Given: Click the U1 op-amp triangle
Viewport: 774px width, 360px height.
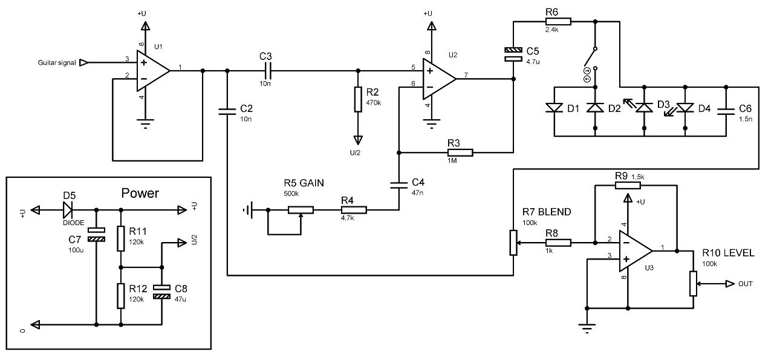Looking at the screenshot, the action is [x=151, y=71].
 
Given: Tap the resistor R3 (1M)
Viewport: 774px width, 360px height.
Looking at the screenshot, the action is [x=460, y=152].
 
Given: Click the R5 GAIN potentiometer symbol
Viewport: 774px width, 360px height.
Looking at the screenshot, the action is [x=301, y=210].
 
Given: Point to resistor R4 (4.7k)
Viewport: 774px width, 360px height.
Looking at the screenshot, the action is [x=354, y=210].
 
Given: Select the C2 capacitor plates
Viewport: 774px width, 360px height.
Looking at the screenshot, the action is [x=227, y=111].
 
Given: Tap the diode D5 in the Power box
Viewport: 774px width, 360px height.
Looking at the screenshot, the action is [x=68, y=210].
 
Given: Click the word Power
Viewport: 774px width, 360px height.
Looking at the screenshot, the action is [x=140, y=193].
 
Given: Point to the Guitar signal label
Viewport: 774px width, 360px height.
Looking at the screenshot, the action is [x=57, y=62].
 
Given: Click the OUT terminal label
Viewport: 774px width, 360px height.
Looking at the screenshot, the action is [x=746, y=284].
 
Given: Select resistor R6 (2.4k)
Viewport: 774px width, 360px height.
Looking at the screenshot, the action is [x=558, y=21].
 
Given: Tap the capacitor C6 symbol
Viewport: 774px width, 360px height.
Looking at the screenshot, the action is [x=726, y=111].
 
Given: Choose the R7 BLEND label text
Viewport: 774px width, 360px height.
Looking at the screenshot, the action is [x=547, y=212].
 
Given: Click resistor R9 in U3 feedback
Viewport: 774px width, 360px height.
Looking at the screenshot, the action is [x=628, y=185].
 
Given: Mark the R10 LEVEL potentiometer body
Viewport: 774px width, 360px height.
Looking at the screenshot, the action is [x=693, y=284].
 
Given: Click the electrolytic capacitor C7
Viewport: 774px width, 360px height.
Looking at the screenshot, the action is [x=96, y=235].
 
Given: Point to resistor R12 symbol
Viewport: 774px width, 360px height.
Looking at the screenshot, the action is [x=120, y=296].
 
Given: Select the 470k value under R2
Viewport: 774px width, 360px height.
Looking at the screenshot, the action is [x=373, y=103].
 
